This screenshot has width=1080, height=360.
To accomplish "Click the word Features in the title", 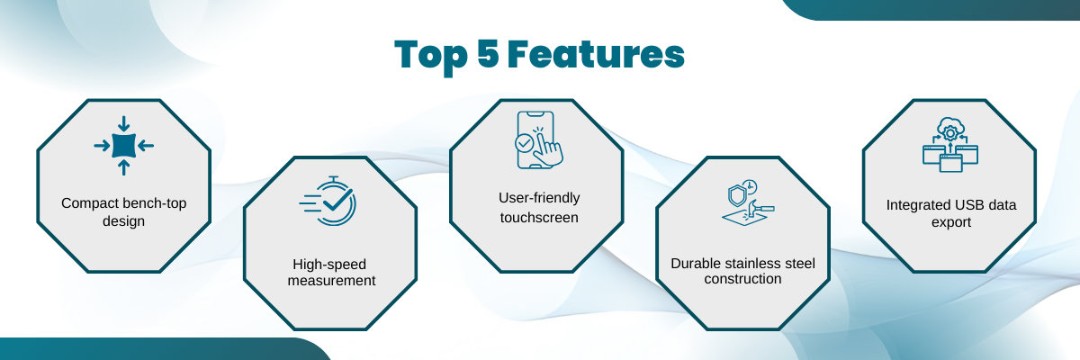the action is point(596,54).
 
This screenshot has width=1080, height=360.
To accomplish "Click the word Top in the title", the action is point(431,57).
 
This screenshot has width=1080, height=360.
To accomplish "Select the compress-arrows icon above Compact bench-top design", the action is point(124,146).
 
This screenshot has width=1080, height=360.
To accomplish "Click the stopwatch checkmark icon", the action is point(328,201).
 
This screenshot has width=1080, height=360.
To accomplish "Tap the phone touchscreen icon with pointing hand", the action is point(539,140).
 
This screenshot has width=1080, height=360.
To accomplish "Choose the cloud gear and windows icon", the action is point(950,145).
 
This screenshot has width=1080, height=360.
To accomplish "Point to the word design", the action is point(123,221).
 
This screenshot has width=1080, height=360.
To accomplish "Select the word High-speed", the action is point(329,265).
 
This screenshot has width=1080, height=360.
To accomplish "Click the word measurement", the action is point(332,281).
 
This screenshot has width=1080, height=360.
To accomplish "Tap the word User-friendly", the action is point(539,198).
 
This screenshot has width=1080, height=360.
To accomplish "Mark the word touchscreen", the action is point(539,218).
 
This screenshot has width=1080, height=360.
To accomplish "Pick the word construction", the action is point(742,279).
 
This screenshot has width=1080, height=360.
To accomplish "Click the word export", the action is point(950,222).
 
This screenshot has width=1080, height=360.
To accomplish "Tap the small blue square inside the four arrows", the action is point(124,146).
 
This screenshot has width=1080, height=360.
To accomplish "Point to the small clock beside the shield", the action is point(750,186).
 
